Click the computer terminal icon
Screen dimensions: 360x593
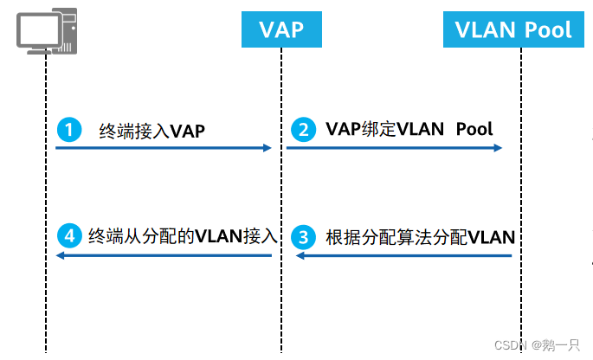(45, 32)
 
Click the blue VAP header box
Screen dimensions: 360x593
(281, 30)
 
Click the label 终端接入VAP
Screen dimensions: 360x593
(152, 131)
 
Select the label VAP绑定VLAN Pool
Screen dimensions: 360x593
(409, 130)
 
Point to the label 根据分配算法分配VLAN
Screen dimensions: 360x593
(420, 236)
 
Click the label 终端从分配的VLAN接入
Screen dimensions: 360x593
(182, 236)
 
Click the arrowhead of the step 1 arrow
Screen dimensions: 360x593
(267, 148)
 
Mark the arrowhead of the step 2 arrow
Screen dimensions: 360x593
(499, 148)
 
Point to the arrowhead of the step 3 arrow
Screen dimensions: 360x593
(300, 256)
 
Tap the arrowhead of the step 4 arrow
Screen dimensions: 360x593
(60, 256)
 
